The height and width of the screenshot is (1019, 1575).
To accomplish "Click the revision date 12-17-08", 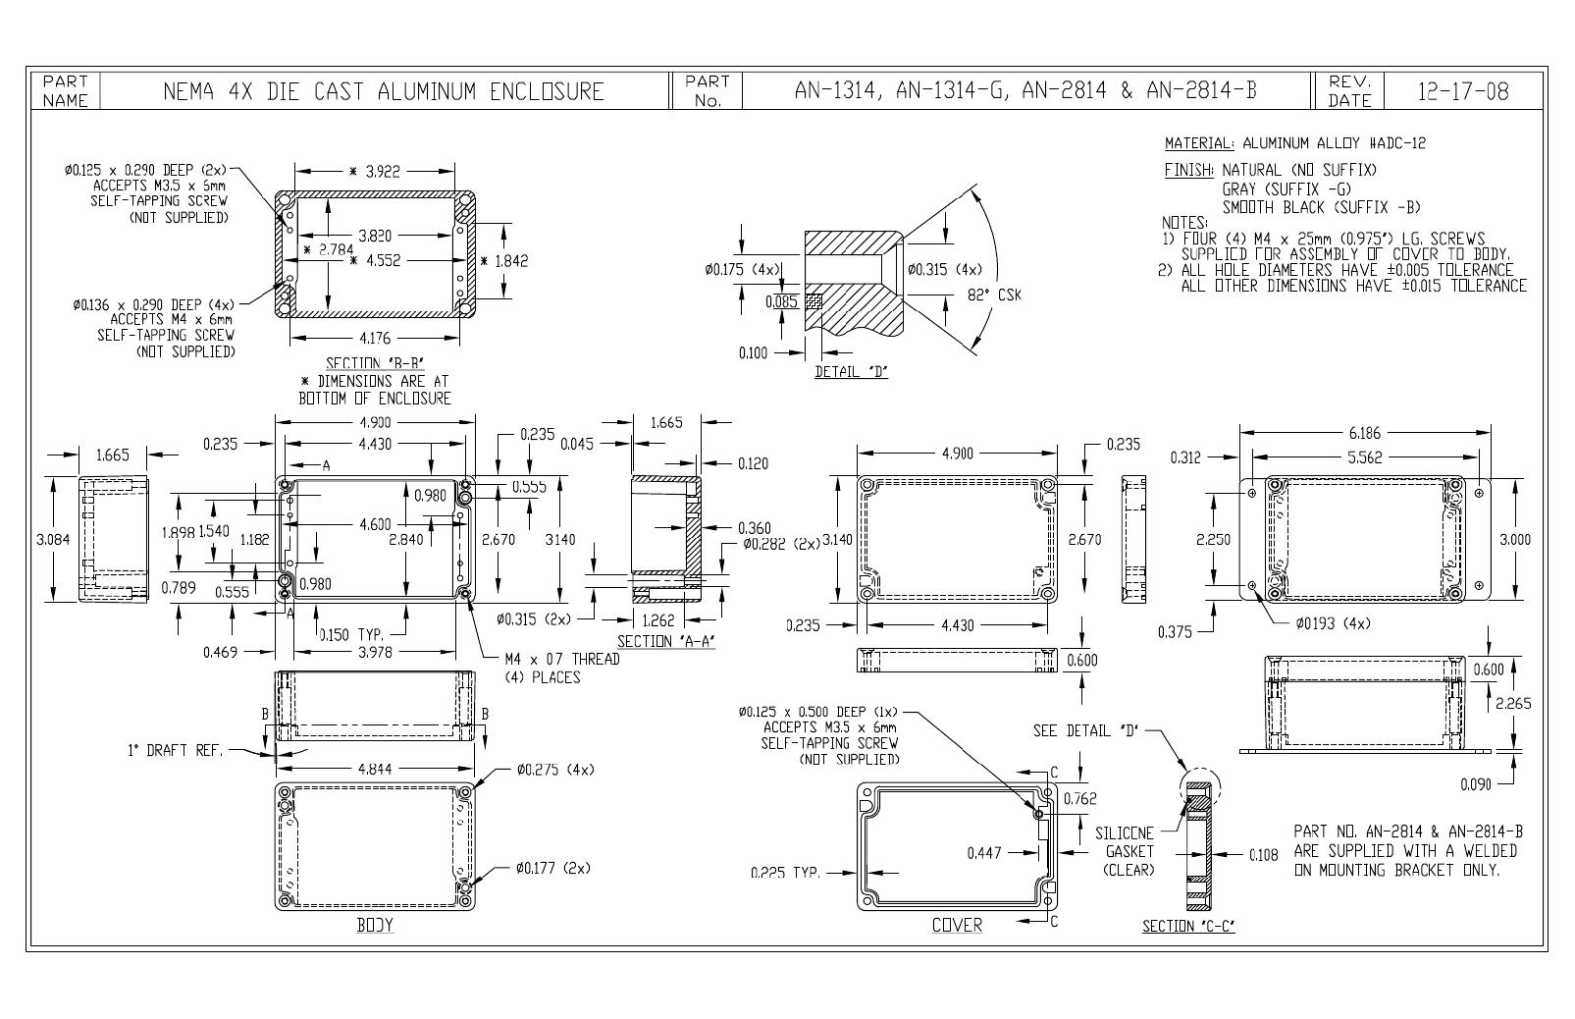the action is [1463, 91].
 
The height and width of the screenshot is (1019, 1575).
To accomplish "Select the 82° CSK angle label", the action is [994, 295].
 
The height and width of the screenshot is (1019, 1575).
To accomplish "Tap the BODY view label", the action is [375, 925].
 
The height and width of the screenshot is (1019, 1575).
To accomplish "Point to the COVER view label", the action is [957, 925].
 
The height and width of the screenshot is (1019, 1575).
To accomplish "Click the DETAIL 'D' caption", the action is [851, 371].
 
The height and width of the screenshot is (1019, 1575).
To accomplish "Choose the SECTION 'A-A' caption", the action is [666, 641].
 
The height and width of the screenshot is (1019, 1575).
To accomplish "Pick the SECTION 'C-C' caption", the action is [1188, 926].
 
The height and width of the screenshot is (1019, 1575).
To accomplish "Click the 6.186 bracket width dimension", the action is [1365, 433].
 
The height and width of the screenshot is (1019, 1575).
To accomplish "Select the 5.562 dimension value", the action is [1365, 457].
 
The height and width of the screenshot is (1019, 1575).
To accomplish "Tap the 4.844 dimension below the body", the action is [375, 770].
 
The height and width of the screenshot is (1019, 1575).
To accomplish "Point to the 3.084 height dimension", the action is [53, 539].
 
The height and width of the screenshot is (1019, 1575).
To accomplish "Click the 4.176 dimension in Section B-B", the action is [375, 339].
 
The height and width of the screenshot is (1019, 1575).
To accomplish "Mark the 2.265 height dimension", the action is [1513, 703].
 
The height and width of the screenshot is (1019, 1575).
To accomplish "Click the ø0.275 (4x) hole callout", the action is [555, 770].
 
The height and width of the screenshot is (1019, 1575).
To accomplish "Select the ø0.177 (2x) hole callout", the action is [552, 869].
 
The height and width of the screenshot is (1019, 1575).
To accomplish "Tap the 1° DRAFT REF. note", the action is [175, 750].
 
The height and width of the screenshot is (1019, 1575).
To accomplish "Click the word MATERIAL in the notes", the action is [1198, 143].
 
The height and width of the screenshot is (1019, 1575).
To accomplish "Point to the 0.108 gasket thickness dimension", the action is [1264, 854].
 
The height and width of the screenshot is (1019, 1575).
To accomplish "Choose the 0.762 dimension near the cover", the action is [1080, 798].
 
